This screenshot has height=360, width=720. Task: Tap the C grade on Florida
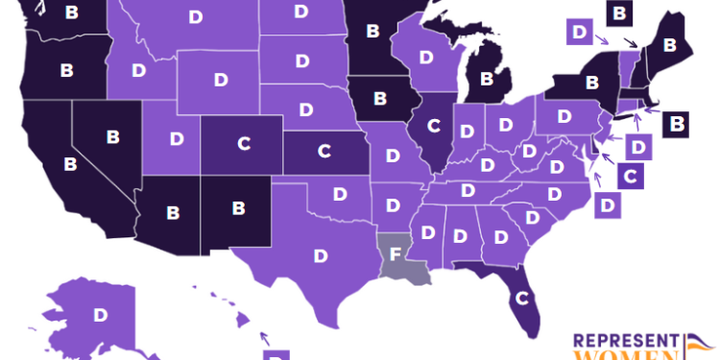pyautogui.click(x=521, y=297)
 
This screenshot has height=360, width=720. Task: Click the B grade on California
pyautogui.click(x=70, y=163)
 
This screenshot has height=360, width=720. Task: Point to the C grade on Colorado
pyautogui.click(x=243, y=143)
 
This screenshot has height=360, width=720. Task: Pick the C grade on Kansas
pyautogui.click(x=324, y=151)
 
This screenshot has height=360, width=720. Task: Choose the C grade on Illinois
pyautogui.click(x=433, y=123)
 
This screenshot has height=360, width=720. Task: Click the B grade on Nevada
pyautogui.click(x=113, y=136)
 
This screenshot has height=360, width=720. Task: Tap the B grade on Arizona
pyautogui.click(x=174, y=210)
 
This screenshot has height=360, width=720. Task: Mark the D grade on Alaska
pyautogui.click(x=99, y=314)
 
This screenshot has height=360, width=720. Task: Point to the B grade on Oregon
pyautogui.click(x=66, y=70)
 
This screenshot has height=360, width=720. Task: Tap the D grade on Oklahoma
pyautogui.click(x=340, y=193)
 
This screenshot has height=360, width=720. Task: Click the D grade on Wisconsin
pyautogui.click(x=423, y=58)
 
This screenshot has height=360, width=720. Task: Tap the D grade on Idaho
pyautogui.click(x=139, y=70)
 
